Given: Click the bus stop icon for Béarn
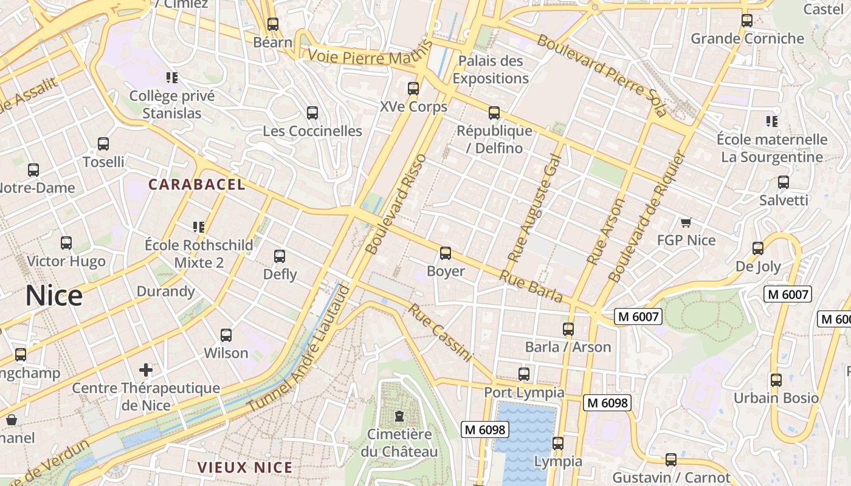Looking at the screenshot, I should [273, 24].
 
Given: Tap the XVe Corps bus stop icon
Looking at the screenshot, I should [413, 89].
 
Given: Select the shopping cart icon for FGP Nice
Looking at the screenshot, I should [686, 222].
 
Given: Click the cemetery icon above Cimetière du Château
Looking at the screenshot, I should [399, 416].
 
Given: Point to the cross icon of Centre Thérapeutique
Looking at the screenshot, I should [146, 369].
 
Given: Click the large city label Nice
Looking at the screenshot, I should [54, 296].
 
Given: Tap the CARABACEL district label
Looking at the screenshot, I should [197, 185].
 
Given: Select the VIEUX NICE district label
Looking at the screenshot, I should [245, 468].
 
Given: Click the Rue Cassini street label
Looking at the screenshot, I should [439, 333].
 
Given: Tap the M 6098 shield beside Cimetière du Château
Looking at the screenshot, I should [484, 430].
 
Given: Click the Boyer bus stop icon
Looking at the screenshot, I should [446, 253].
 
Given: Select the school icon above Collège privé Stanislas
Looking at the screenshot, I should [172, 77].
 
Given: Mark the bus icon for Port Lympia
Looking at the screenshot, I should [524, 374].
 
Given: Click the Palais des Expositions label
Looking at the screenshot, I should [490, 69].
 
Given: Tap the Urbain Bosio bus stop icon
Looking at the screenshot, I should [776, 380].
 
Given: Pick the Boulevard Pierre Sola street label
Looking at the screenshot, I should [601, 75].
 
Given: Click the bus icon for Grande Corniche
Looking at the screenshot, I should [747, 21].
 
